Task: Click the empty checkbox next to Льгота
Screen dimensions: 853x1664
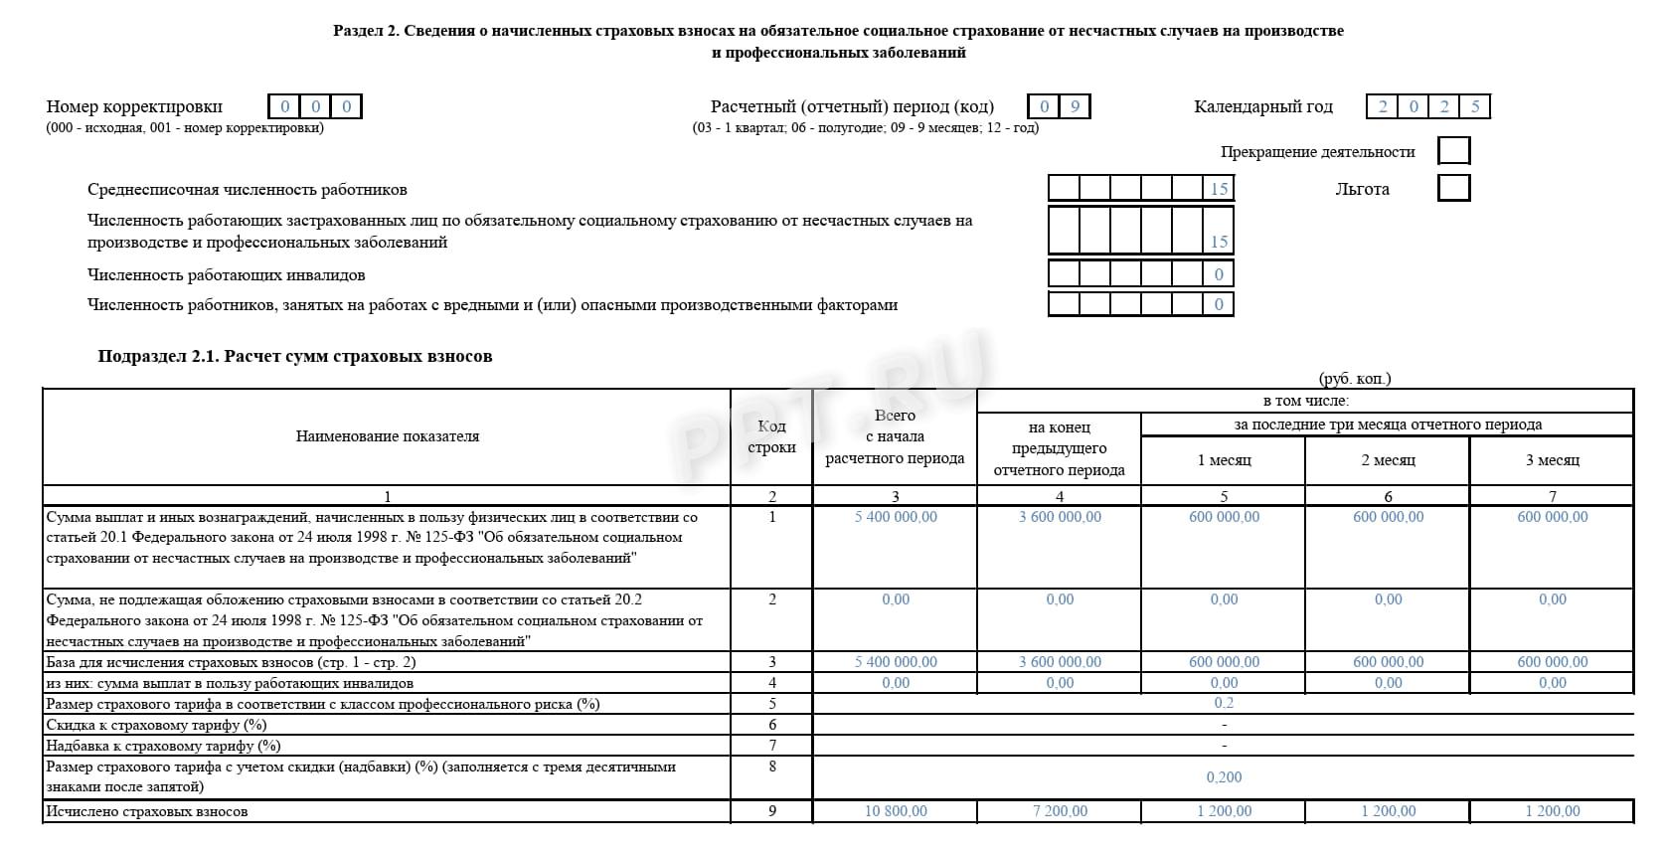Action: click(1453, 188)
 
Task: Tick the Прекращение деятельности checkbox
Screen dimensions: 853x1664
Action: click(1453, 151)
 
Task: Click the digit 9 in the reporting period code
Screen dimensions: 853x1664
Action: click(1075, 106)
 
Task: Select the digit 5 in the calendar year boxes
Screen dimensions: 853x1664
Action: click(1475, 106)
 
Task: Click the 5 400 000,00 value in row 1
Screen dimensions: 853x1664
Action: click(895, 517)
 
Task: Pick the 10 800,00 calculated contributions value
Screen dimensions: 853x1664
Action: click(895, 811)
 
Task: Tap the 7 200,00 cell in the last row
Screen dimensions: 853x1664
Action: click(1060, 811)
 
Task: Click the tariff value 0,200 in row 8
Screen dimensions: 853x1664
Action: click(1224, 777)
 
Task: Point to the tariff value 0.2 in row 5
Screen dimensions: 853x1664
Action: click(1224, 703)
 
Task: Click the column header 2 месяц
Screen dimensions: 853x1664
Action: click(1388, 460)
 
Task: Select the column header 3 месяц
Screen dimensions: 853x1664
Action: click(1552, 460)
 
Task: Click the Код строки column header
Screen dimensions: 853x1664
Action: click(771, 436)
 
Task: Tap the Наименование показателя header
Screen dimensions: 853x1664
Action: click(387, 436)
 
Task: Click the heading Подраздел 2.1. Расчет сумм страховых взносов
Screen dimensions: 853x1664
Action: click(295, 356)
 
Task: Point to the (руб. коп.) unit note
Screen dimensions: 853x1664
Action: click(1355, 379)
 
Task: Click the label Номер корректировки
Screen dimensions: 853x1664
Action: click(134, 106)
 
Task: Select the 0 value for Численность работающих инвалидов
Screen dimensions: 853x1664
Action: click(1219, 274)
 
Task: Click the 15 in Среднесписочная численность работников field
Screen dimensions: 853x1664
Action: click(1219, 189)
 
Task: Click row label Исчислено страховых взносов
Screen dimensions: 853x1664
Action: click(147, 811)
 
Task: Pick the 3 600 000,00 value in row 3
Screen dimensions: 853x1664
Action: click(1060, 662)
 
